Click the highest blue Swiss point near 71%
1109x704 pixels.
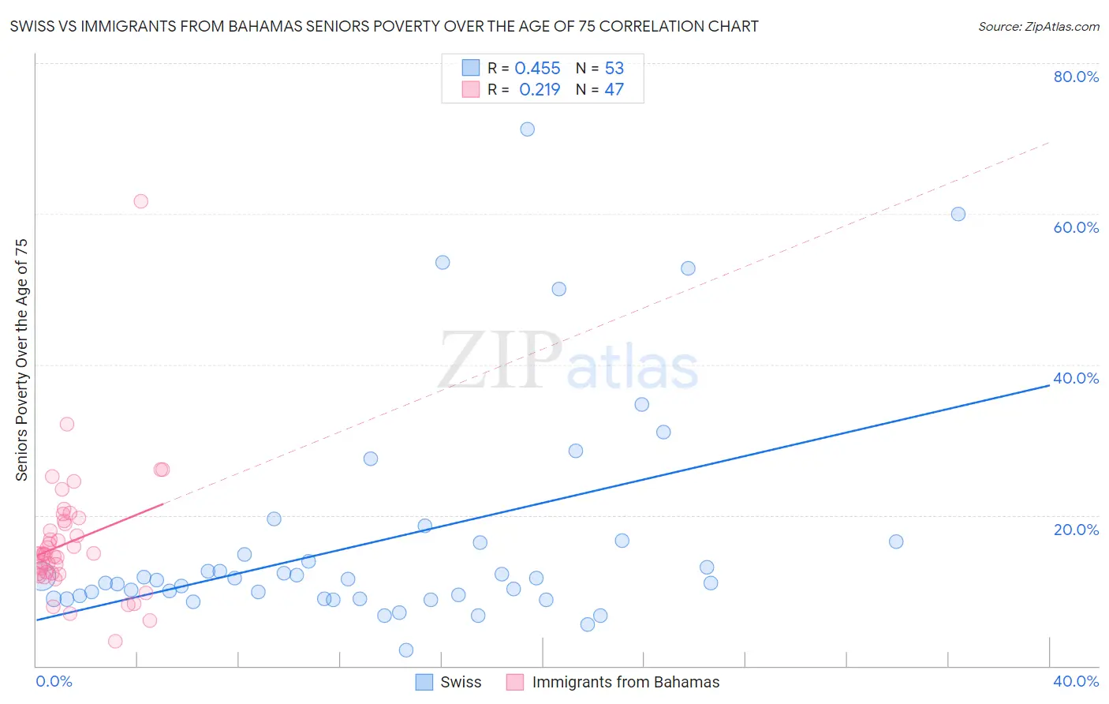coord(528,129)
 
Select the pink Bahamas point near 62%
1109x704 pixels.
coord(141,201)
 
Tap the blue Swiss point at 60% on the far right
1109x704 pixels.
coord(958,214)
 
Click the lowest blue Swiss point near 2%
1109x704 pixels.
coord(406,650)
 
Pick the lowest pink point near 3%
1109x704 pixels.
coord(115,641)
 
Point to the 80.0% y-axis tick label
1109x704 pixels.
coord(1076,77)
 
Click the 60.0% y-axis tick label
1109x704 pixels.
coord(1076,227)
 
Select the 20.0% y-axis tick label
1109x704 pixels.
coord(1076,530)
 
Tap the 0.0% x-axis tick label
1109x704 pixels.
coord(54,682)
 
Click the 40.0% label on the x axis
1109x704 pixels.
coord(1076,682)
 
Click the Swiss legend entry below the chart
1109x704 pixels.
coord(461,682)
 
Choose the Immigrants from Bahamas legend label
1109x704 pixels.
coord(625,682)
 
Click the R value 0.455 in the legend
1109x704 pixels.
coord(537,69)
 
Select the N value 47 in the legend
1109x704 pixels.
coord(614,90)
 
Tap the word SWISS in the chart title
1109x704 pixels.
coord(32,27)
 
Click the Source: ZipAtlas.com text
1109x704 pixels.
coord(1039,27)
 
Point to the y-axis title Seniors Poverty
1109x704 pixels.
coord(22,360)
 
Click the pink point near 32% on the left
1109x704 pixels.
coord(67,425)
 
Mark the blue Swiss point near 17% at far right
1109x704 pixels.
coord(896,541)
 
